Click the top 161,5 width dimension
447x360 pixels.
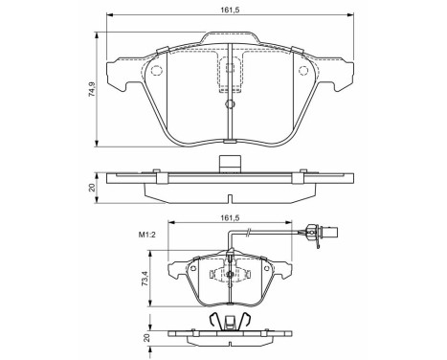tap(228, 9)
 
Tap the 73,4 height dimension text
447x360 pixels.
tap(145, 280)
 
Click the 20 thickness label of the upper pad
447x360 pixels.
tap(92, 186)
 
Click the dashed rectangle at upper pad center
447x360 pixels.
tap(230, 73)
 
